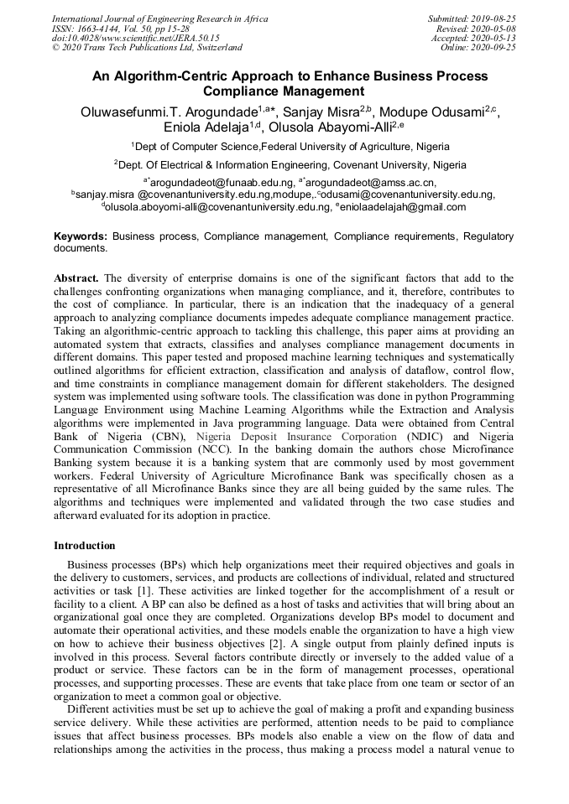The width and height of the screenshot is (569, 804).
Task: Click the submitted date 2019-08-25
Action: coord(494,18)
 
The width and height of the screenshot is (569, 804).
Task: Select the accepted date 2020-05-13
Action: coord(494,38)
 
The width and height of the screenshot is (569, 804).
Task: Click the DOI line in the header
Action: coord(135,38)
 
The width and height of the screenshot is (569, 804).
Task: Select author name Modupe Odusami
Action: coord(430,112)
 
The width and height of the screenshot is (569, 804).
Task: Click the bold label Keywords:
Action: coord(81,237)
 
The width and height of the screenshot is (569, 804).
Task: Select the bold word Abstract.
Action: coord(76,278)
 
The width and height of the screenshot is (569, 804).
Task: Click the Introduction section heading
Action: coord(85,546)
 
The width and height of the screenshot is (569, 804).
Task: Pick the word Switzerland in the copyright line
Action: coord(217,48)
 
